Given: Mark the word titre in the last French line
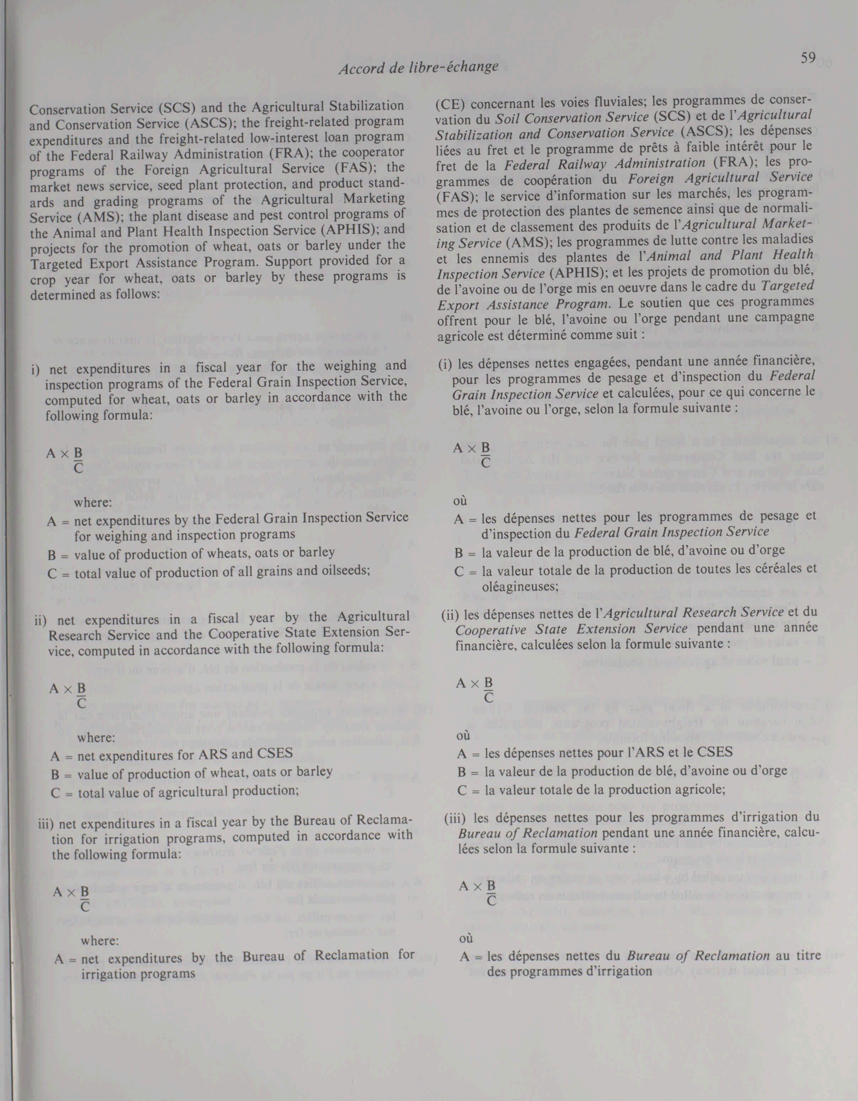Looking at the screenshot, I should [806, 955].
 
